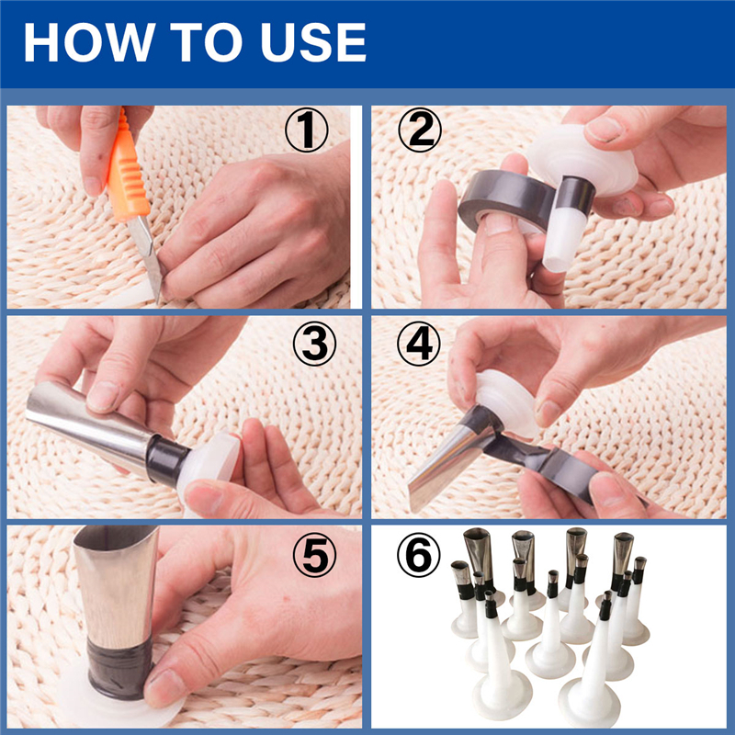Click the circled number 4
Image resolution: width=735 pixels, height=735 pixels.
[420, 345]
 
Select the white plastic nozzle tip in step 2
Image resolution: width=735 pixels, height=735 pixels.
[560, 239]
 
